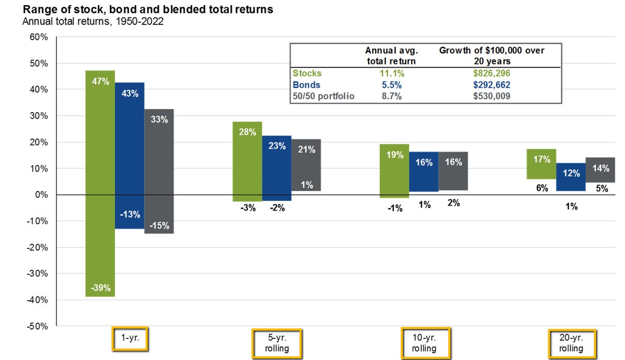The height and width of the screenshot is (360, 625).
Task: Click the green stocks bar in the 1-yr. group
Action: click(x=100, y=183)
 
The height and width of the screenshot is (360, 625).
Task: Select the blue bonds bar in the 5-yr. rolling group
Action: click(x=277, y=168)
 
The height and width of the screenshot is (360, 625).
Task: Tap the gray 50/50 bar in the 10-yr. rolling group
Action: click(x=453, y=171)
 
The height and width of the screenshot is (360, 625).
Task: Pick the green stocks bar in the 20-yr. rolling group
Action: click(x=541, y=164)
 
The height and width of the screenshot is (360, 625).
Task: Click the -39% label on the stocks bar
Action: click(x=101, y=288)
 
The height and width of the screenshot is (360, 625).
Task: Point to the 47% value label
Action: click(x=101, y=81)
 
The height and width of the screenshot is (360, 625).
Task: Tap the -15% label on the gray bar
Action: click(x=159, y=225)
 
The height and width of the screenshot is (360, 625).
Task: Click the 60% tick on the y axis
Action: click(x=39, y=37)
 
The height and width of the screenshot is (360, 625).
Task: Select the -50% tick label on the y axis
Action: click(x=37, y=326)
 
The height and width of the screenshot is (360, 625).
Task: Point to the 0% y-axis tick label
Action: click(x=41, y=195)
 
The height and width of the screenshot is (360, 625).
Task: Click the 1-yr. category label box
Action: click(x=130, y=338)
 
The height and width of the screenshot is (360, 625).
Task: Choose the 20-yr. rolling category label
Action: click(x=572, y=343)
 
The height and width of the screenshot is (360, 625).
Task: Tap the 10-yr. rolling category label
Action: click(x=425, y=343)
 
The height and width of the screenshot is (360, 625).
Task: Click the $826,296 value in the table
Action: click(x=492, y=73)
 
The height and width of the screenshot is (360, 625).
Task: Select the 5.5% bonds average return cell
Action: click(x=392, y=85)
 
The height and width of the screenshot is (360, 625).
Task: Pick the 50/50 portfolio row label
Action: click(x=323, y=96)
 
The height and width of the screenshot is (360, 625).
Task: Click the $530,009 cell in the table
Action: click(x=492, y=96)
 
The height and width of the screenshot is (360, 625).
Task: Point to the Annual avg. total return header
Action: click(x=392, y=56)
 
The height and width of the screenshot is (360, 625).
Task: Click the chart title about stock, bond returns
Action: click(x=148, y=9)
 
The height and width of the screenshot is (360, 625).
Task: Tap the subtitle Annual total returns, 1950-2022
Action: click(x=93, y=22)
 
